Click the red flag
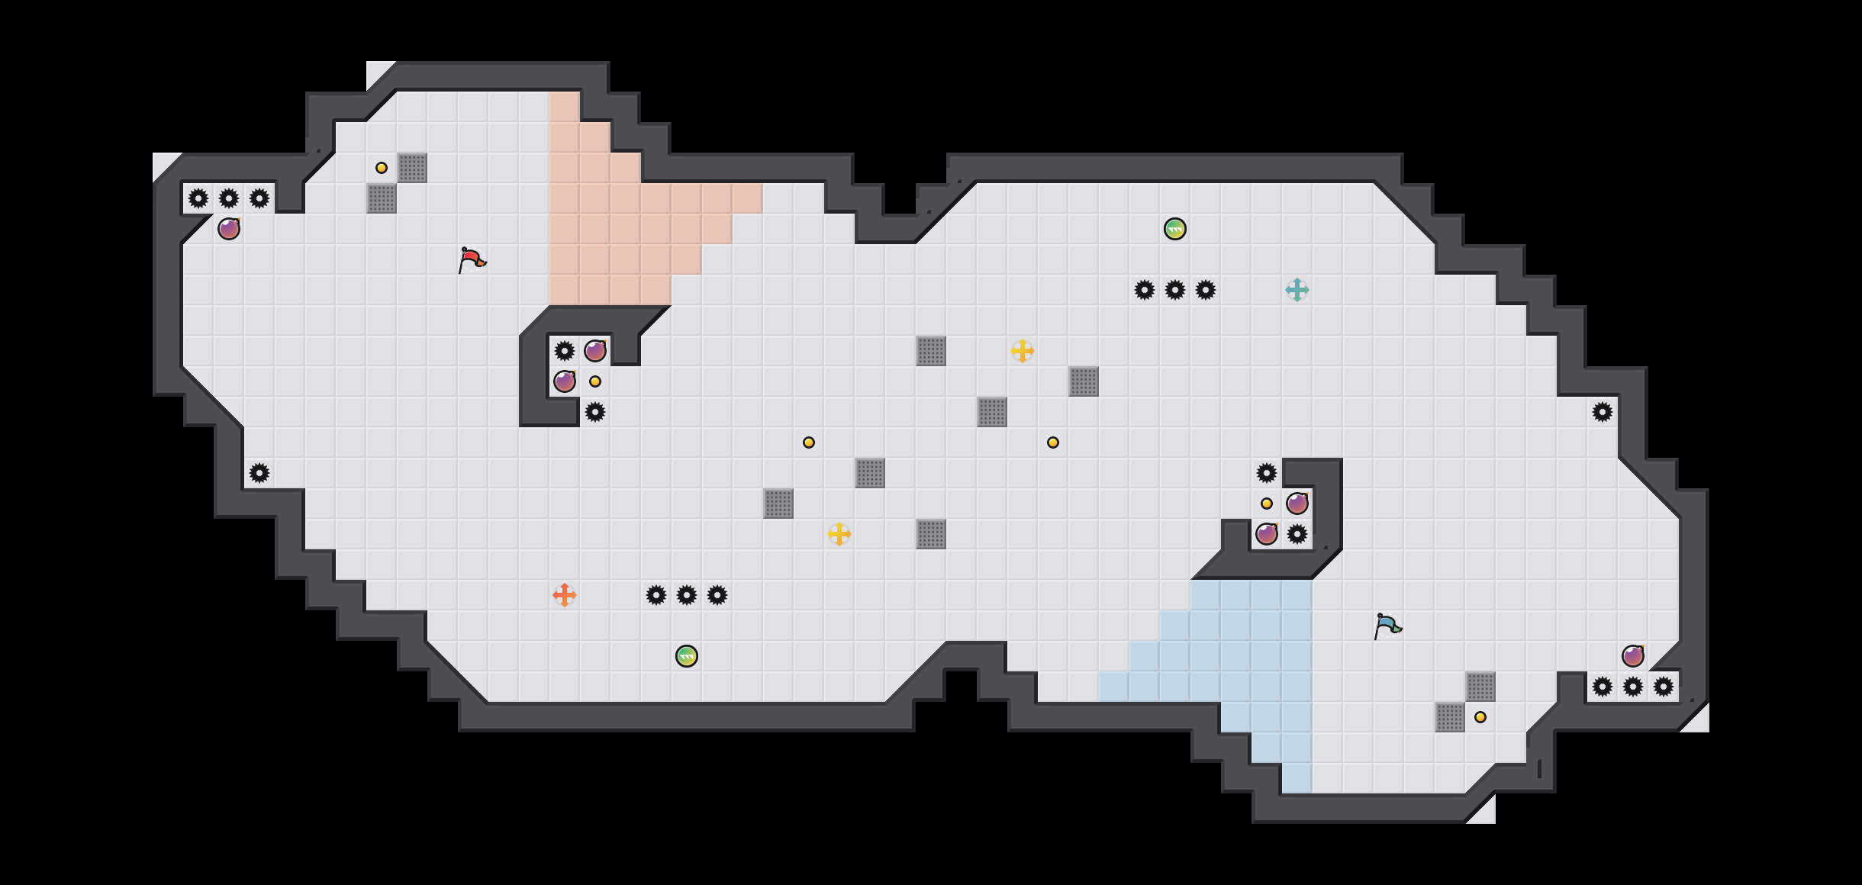click(x=472, y=259)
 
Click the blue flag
click(x=1387, y=626)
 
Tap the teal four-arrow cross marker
click(x=1297, y=290)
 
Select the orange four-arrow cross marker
click(x=565, y=595)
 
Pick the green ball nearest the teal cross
click(x=1175, y=229)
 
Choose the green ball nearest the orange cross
click(x=687, y=656)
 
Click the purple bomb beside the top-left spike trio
click(x=229, y=229)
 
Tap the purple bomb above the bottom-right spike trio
click(x=1633, y=656)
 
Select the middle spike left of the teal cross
click(x=1175, y=290)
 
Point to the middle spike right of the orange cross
click(x=687, y=595)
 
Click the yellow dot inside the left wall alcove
click(x=595, y=381)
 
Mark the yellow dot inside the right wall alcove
click(x=1267, y=504)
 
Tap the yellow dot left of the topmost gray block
click(x=382, y=168)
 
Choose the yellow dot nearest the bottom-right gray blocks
click(x=1480, y=717)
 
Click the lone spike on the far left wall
click(x=259, y=473)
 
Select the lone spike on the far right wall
click(x=1603, y=412)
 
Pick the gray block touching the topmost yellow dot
click(x=412, y=168)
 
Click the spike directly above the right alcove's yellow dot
click(x=1267, y=473)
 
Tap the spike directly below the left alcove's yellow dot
click(x=595, y=412)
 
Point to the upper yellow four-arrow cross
click(x=1023, y=351)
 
